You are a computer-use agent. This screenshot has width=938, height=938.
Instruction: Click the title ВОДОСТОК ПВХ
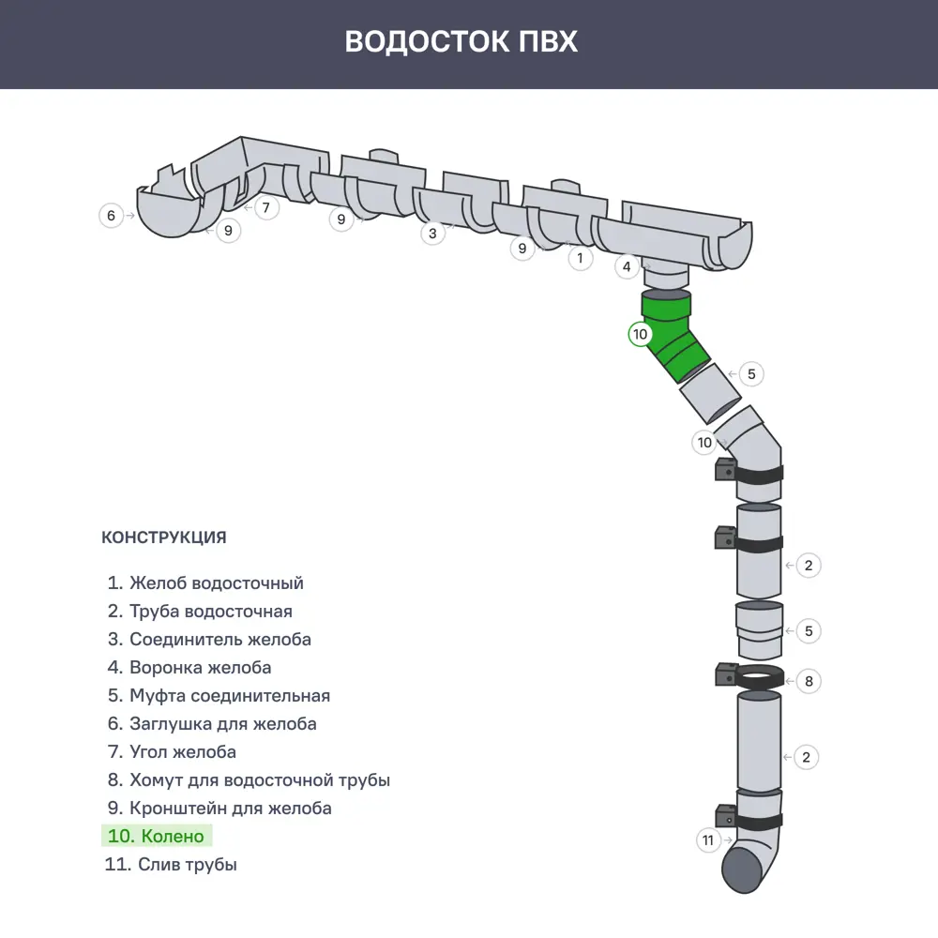tap(461, 42)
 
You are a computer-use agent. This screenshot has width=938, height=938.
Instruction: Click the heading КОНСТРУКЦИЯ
tap(163, 537)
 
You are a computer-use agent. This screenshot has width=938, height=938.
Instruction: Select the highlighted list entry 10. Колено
tap(157, 836)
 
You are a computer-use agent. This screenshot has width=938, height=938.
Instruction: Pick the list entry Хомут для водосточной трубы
tap(248, 779)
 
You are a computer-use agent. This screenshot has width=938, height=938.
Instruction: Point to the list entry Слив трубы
tap(171, 864)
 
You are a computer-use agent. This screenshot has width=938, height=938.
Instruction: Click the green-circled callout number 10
tap(640, 334)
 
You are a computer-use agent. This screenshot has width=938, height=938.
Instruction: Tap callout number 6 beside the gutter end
tap(112, 216)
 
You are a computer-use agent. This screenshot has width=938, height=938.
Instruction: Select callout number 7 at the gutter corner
tap(266, 207)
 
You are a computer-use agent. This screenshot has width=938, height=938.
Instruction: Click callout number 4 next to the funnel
tap(628, 267)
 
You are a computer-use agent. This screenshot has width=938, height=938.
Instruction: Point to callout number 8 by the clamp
tap(809, 681)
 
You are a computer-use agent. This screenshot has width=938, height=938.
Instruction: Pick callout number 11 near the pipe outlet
tap(708, 840)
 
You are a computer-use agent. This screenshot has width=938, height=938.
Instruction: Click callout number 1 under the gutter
tap(580, 257)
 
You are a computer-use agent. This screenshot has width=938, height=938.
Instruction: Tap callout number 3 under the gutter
tap(431, 234)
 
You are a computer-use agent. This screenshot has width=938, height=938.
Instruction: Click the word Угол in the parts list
tap(151, 751)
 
